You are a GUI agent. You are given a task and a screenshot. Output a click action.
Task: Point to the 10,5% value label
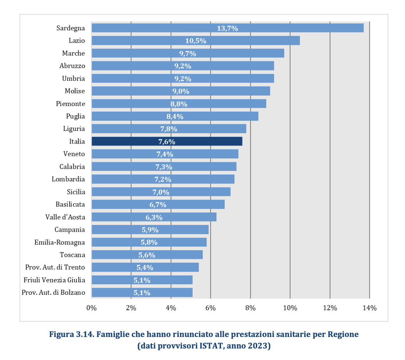[196, 41]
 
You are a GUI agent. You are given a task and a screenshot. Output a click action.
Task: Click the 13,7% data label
[227, 28]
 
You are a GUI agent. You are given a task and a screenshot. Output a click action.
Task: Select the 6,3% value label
[154, 217]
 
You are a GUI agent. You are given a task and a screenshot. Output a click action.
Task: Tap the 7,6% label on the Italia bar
[167, 142]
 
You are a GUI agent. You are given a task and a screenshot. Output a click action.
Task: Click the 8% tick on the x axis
[250, 308]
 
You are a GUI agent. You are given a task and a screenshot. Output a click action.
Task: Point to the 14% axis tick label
[369, 308]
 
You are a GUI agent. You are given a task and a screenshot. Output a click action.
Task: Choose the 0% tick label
[91, 308]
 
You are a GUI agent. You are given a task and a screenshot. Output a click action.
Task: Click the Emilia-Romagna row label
[60, 242]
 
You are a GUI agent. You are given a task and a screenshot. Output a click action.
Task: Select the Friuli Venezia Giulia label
[54, 280]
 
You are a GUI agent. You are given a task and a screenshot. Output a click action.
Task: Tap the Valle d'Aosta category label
[65, 217]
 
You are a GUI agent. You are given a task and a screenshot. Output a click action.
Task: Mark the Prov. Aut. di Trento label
[55, 267]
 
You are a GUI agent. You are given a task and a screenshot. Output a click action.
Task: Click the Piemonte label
[70, 104]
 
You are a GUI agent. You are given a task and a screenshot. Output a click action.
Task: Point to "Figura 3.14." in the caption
[71, 335]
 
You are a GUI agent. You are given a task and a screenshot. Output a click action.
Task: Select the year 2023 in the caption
[260, 347]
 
